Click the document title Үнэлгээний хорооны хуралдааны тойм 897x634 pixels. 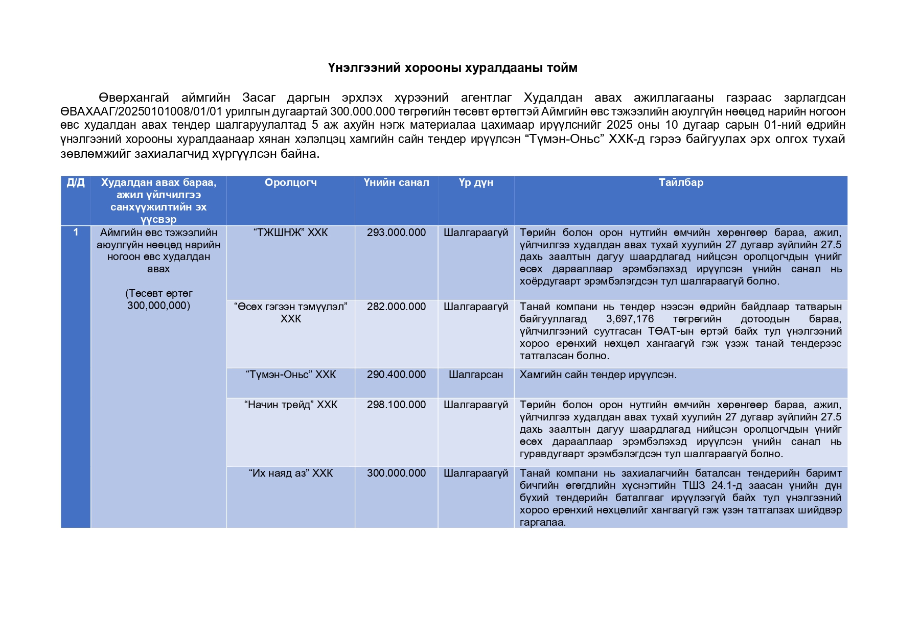click(452, 68)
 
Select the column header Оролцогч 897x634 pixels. click(290, 183)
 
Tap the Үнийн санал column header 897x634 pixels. click(396, 183)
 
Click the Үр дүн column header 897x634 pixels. click(476, 183)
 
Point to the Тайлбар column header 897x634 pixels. click(681, 183)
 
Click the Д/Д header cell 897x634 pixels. click(76, 183)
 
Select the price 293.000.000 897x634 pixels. click(396, 233)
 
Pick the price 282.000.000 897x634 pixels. click(396, 307)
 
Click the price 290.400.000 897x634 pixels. click(396, 375)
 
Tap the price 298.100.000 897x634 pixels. click(396, 405)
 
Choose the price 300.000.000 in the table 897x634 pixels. click(396, 474)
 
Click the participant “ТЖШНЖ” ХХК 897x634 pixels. click(290, 233)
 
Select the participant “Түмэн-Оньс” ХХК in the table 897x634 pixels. click(290, 375)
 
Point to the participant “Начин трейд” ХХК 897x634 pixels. click(290, 405)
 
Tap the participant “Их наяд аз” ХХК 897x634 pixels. click(290, 474)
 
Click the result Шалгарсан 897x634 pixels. click(476, 375)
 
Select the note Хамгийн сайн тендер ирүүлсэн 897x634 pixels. click(598, 375)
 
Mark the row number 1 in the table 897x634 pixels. click(76, 232)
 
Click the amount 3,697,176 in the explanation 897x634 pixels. click(630, 319)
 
